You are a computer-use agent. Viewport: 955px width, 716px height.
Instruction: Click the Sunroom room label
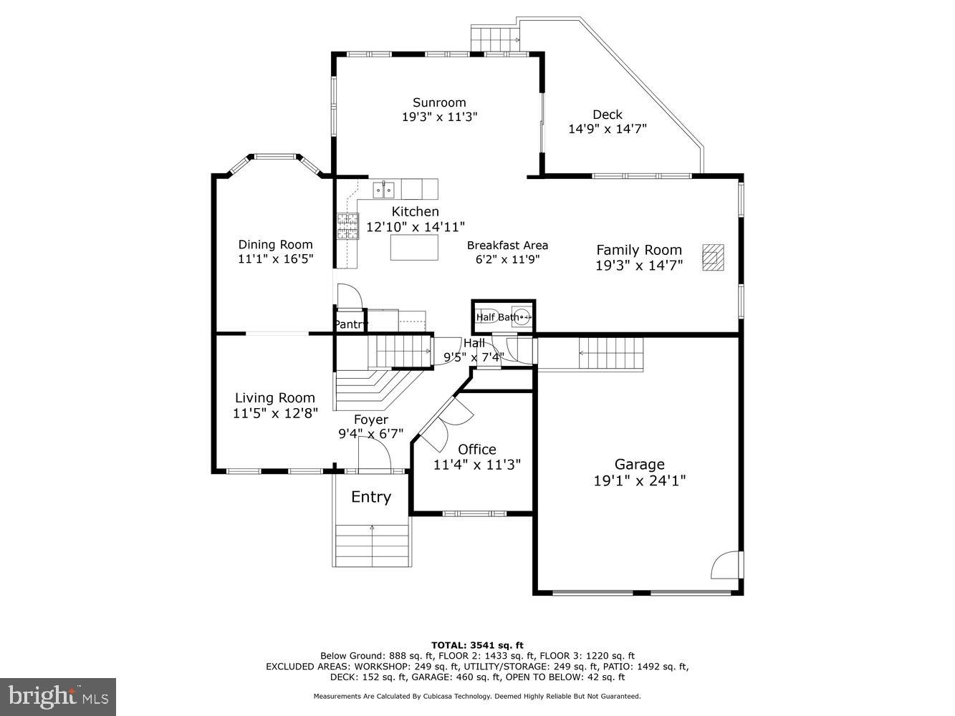tap(439, 102)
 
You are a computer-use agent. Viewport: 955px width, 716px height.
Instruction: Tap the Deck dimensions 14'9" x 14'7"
tap(607, 129)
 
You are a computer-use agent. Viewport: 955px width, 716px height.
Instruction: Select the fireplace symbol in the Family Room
tap(713, 257)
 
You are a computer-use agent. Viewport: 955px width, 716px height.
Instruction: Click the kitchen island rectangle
tap(413, 247)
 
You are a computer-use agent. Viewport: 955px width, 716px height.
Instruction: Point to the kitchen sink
tap(383, 190)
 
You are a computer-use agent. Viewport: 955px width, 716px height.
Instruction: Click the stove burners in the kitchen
tap(347, 227)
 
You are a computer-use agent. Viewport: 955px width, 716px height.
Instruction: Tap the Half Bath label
tap(497, 317)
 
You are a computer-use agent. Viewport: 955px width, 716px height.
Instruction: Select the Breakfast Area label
tap(507, 246)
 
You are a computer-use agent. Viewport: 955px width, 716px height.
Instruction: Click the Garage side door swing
tap(725, 565)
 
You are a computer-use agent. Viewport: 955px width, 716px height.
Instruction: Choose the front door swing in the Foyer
tap(374, 453)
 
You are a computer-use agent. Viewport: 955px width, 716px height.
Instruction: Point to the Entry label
tap(370, 497)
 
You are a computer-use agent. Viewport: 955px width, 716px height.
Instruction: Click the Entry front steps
tap(373, 545)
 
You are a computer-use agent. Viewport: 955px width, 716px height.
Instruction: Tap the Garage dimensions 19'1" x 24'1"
tap(639, 480)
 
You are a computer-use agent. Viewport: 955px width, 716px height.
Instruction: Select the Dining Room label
tap(275, 245)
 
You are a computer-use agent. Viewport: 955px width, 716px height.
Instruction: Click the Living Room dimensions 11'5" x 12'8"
tap(275, 413)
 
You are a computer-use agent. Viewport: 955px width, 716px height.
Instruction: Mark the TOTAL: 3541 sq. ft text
tap(476, 645)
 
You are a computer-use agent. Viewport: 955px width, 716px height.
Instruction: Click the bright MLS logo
tap(58, 697)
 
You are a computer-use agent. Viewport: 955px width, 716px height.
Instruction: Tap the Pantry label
tap(350, 324)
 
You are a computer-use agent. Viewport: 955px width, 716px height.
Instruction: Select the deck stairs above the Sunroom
tap(494, 39)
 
